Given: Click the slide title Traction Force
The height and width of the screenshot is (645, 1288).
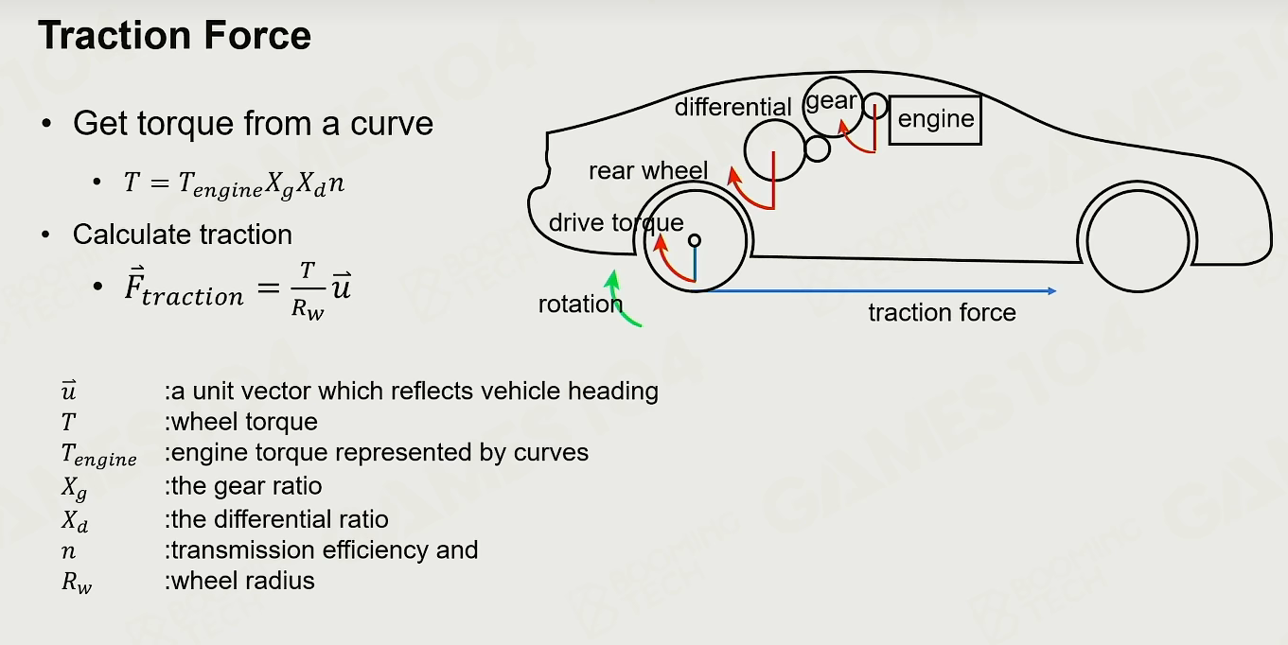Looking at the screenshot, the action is tap(175, 36).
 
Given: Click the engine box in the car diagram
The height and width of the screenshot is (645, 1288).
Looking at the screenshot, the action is tap(935, 120).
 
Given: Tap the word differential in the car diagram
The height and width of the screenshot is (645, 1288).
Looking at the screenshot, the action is tap(733, 107).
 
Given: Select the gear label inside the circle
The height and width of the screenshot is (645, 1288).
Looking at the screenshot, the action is tap(831, 102).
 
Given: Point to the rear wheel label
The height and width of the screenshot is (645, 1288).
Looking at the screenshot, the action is tap(648, 171).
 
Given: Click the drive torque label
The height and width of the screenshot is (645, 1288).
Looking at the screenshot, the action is tap(616, 223).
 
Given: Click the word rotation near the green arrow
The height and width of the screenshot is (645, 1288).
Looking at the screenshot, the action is tap(580, 305).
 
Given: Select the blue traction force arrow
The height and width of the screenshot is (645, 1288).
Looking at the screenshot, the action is tap(881, 291).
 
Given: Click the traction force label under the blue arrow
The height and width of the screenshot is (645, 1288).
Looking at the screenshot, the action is tap(942, 313).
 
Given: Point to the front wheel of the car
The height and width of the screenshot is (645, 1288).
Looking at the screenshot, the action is tap(1138, 241).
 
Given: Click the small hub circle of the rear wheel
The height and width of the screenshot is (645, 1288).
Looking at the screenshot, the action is tap(695, 240).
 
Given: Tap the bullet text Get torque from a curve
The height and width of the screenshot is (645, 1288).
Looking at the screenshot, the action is tap(253, 124).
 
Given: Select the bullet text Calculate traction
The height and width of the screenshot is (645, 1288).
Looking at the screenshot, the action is tap(183, 235).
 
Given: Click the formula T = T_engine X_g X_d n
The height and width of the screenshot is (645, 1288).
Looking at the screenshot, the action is tap(234, 184).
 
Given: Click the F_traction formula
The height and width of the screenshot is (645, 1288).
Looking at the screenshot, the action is tap(238, 289).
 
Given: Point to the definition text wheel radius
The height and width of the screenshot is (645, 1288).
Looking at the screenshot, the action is tap(239, 582).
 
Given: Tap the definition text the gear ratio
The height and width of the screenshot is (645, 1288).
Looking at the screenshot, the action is tap(243, 487).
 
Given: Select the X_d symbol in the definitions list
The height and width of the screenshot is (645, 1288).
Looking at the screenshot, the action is tap(75, 521).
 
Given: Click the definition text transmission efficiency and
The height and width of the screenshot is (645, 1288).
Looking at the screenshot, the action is tap(322, 550).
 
